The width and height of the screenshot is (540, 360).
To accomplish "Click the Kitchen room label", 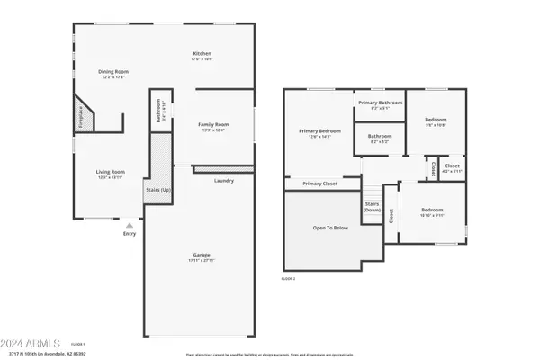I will (202, 54).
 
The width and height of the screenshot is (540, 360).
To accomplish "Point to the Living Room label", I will (112, 171).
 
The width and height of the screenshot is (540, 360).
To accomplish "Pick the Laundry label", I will (224, 180).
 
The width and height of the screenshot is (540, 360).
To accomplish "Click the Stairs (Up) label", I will (158, 190).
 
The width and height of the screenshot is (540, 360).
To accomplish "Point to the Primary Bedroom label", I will (319, 131).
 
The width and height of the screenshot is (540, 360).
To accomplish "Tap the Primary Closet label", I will (319, 184).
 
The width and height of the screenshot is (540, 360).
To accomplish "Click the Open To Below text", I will (330, 228).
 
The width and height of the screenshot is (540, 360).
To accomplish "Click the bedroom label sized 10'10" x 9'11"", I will (432, 211).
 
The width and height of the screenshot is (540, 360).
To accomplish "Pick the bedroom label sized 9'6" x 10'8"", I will (436, 120).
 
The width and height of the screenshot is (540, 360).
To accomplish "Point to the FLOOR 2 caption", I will (288, 279).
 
